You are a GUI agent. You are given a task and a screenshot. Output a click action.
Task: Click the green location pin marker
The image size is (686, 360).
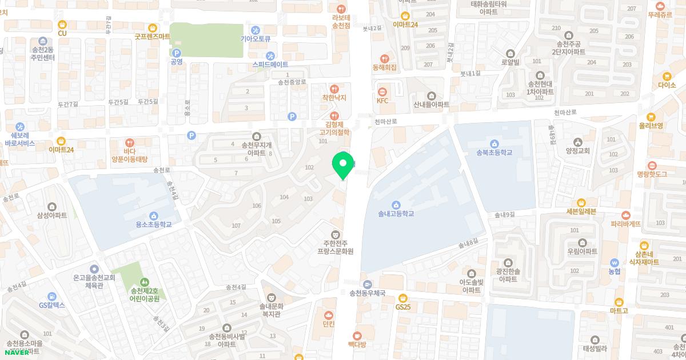tap(343, 164)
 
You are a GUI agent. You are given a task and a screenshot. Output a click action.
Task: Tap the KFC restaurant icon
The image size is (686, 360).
tap(382, 90)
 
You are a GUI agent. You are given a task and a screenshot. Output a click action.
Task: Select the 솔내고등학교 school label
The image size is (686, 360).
tap(396, 214)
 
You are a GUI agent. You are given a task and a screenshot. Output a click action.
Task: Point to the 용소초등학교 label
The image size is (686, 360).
tap(153, 225)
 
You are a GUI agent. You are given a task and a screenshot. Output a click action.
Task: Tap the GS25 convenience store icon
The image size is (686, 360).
tap(403, 297)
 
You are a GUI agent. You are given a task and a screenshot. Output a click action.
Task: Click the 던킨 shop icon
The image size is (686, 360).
tap(328, 314)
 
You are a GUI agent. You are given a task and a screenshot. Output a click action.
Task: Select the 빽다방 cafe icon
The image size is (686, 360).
tap(357, 334)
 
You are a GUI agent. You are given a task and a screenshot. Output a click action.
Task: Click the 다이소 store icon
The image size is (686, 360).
tap(667, 76)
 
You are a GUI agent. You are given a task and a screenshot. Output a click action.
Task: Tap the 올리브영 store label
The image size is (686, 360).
tap(651, 126)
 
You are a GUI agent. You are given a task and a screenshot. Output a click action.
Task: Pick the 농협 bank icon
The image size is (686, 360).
tap(614, 262)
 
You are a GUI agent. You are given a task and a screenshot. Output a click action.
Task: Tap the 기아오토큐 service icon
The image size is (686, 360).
tap(255, 30)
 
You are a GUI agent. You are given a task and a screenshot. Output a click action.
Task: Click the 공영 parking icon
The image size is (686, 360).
tap(176, 53)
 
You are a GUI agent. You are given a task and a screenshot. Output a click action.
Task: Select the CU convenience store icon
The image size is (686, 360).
tap(62, 25)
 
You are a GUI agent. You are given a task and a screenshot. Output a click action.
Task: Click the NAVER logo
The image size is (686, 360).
tap(17, 352)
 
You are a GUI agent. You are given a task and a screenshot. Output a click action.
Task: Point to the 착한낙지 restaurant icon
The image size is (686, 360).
tap(334, 89)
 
